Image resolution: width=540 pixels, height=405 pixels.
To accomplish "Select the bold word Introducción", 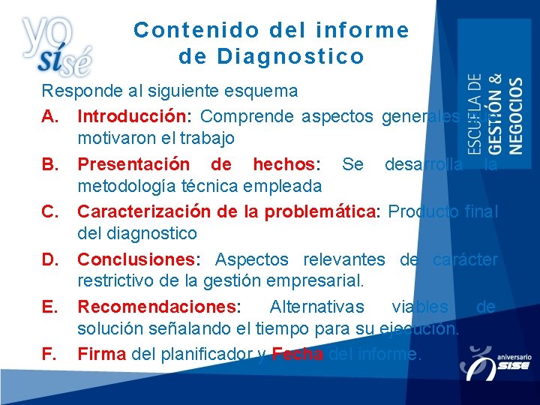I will (x=133, y=117).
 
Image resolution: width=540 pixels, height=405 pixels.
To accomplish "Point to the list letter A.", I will (x=49, y=117).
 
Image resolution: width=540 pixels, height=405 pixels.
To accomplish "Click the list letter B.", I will (x=49, y=164).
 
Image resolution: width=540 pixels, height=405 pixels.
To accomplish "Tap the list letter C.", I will (x=49, y=212).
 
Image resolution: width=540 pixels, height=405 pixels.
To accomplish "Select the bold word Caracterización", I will (x=145, y=212).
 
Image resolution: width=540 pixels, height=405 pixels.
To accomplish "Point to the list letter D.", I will (x=49, y=259).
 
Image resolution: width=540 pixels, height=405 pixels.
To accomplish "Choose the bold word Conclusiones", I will (x=136, y=259).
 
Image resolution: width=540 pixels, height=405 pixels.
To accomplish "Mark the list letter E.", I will (x=49, y=307).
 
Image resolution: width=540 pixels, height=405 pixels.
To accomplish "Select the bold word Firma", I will (x=102, y=354).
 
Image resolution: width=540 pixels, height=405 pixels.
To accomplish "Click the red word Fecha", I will (x=298, y=354).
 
